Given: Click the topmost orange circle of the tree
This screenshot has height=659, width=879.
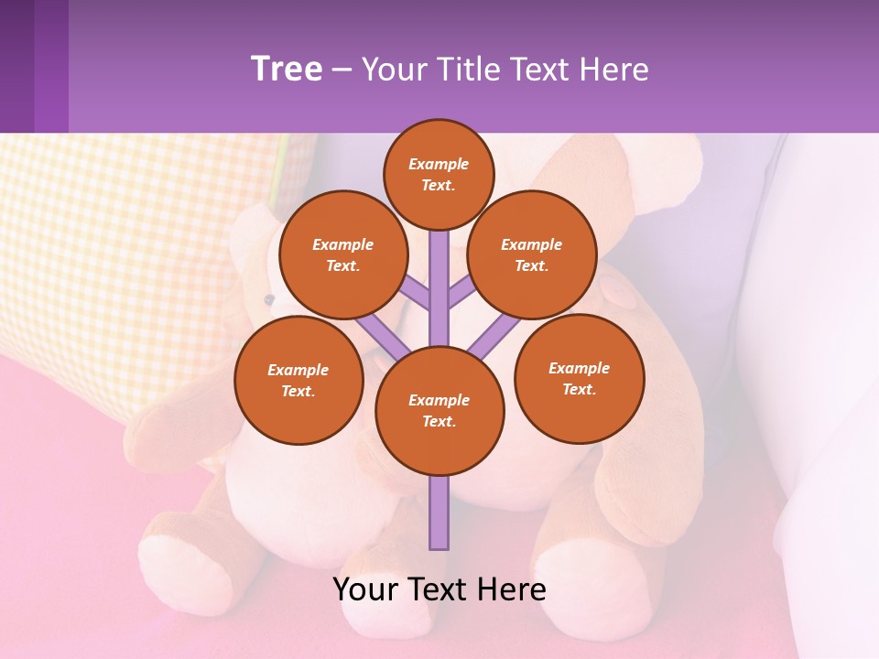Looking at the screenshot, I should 439,174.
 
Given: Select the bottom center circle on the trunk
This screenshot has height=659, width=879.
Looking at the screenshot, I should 439,411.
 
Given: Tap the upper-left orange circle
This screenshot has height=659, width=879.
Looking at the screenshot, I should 342,254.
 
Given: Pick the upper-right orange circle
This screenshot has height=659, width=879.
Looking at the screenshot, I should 531,254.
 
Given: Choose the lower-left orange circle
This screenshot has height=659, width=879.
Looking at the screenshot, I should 298,380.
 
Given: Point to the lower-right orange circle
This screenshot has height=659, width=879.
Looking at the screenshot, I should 579,378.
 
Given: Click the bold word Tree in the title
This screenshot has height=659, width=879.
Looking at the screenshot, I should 287,69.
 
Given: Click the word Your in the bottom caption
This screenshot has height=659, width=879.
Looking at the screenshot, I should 365,589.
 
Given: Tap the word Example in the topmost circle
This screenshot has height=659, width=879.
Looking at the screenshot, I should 439,165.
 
